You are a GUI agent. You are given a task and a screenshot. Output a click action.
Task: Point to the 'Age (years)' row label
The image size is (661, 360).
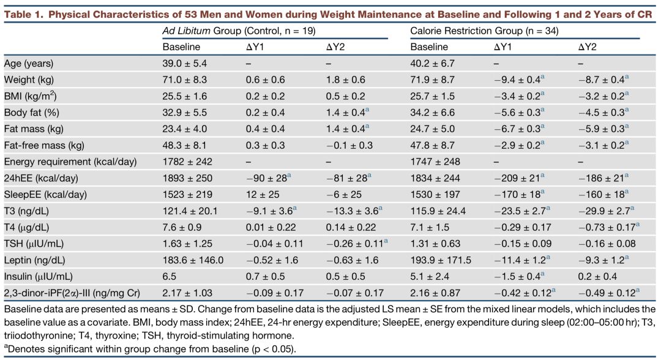[28, 63]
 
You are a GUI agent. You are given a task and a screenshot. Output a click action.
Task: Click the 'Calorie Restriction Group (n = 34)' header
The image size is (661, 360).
[484, 31]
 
